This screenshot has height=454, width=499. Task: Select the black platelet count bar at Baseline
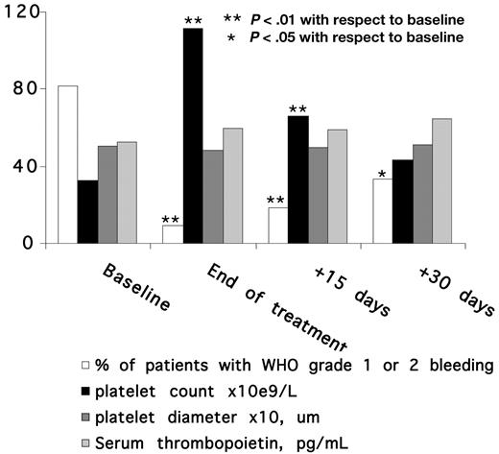pyautogui.click(x=88, y=212)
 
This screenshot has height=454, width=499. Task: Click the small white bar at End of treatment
pyautogui.click(x=172, y=234)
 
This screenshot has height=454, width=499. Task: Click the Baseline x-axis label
pyautogui.click(x=136, y=287)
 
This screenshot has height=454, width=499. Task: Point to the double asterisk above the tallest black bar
pyautogui.click(x=193, y=20)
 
